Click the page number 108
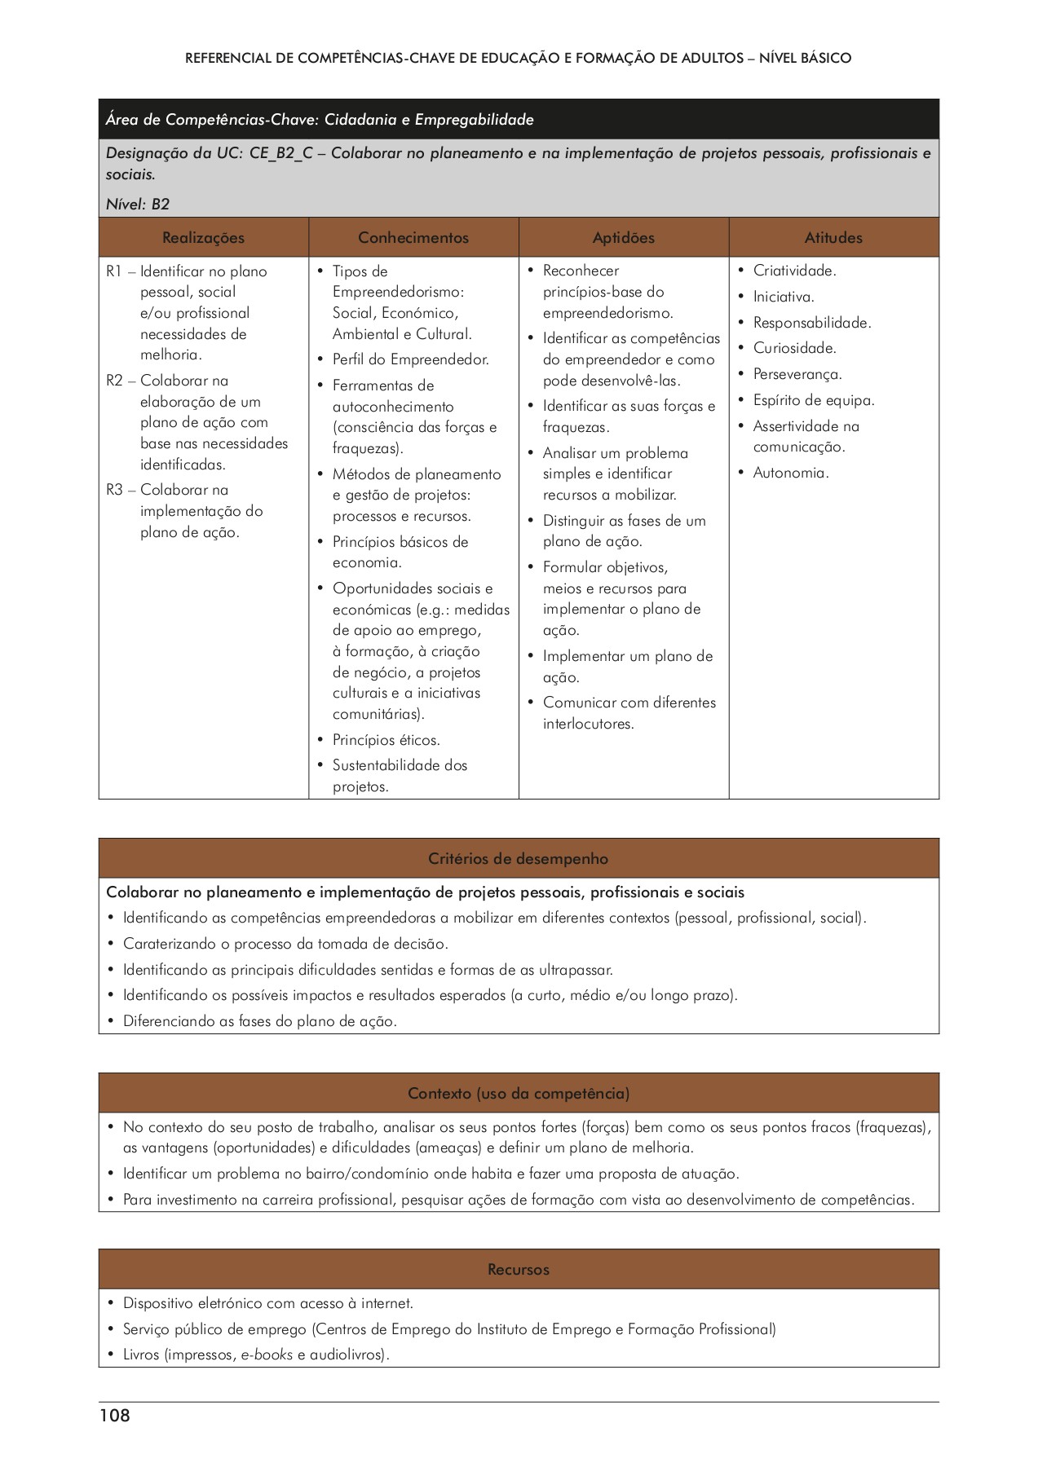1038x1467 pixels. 115,1416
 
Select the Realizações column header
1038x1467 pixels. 203,238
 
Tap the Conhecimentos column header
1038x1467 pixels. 413,238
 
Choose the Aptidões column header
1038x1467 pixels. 624,238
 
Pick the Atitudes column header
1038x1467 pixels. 833,238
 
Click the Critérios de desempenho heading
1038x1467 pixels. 519,859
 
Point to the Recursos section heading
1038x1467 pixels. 519,1270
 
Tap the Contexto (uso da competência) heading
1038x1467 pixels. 519,1094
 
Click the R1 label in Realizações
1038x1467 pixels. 114,271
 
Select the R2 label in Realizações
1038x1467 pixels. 114,381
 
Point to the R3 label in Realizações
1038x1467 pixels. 114,490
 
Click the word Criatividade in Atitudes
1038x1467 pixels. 793,271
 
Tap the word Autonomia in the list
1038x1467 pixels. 789,473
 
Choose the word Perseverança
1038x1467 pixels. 797,375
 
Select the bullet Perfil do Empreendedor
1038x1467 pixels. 410,359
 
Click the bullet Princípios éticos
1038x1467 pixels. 386,740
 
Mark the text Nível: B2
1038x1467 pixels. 138,205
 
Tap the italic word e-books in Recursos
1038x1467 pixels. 267,1355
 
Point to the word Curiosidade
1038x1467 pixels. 794,349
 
